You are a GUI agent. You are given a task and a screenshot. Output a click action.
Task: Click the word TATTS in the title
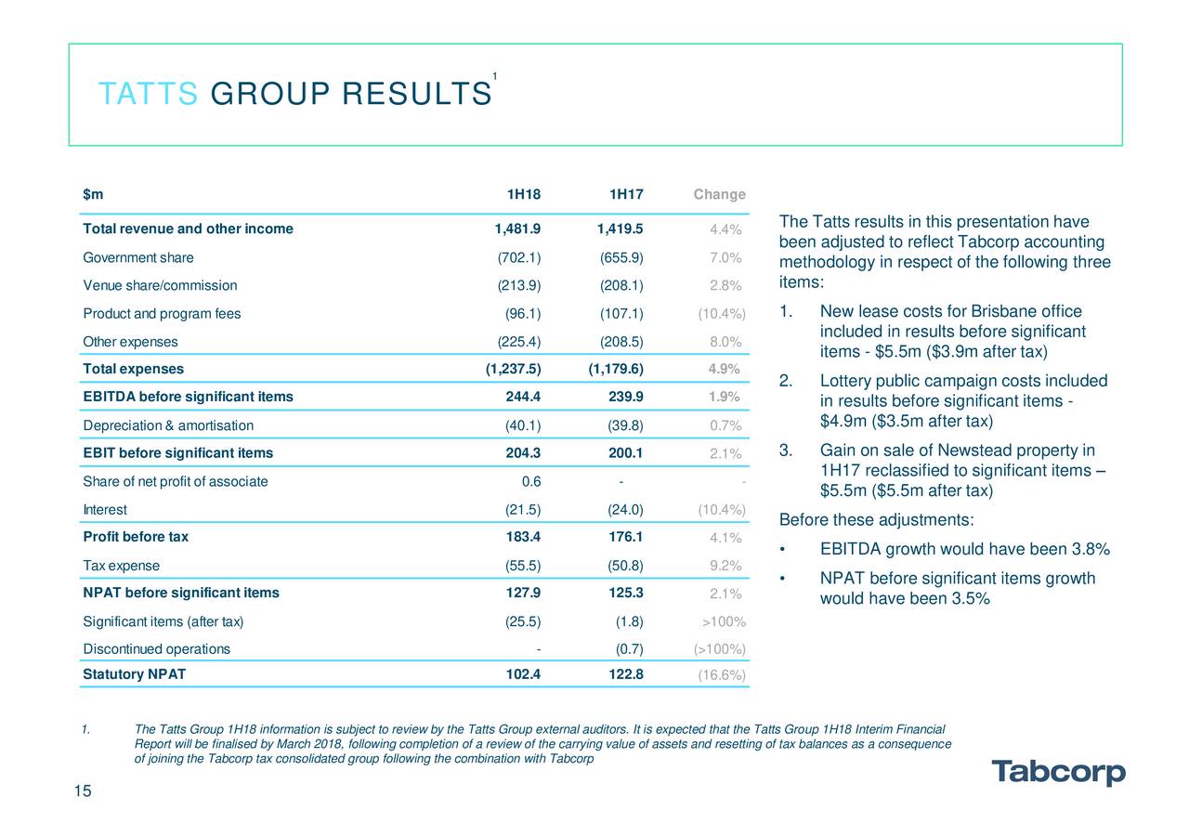[x=148, y=94]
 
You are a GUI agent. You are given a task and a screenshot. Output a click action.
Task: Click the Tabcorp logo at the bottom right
[x=1058, y=772]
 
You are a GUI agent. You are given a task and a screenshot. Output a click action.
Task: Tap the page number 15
[x=83, y=791]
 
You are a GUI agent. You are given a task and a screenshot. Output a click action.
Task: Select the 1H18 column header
[x=523, y=194]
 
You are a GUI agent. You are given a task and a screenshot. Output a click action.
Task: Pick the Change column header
[x=719, y=194]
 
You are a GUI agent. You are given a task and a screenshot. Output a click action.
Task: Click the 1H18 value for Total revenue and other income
[x=517, y=229]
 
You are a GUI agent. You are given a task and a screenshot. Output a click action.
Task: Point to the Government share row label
[x=138, y=257]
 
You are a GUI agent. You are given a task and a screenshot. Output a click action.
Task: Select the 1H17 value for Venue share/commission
[x=621, y=286]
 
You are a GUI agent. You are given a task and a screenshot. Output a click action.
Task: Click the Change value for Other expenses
[x=725, y=342]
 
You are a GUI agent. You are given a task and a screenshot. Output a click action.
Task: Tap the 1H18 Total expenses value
[x=514, y=369]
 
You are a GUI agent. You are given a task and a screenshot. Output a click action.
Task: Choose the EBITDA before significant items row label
[x=188, y=397]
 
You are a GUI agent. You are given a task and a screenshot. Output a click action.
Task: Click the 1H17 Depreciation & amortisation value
[x=625, y=425]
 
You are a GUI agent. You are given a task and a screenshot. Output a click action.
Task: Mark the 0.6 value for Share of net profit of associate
[x=531, y=481]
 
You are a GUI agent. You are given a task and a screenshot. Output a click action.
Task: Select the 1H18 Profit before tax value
[x=523, y=537]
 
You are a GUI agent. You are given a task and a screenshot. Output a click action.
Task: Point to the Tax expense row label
[x=121, y=566]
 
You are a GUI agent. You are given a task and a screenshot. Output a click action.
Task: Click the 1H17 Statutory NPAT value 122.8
[x=626, y=674]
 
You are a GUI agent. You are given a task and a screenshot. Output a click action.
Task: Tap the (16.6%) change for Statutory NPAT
[x=722, y=675]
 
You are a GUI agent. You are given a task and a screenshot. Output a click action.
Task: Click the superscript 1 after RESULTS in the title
[x=495, y=76]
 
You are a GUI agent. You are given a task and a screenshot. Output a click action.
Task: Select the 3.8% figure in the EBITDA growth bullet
[x=1091, y=549]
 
